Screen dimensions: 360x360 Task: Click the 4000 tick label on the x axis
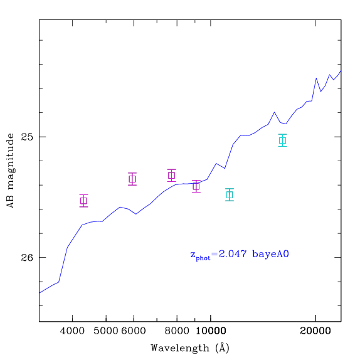72,331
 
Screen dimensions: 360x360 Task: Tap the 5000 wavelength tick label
106,331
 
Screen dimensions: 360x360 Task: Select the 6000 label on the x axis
134,331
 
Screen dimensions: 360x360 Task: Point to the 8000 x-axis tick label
177,331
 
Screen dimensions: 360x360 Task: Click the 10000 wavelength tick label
211,331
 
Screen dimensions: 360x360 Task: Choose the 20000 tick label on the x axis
315,331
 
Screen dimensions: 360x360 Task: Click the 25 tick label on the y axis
27,137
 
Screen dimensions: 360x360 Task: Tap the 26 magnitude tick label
27,258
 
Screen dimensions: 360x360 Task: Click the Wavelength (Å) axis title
190,348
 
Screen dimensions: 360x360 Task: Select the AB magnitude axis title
10,171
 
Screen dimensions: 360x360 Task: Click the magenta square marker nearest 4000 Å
84,201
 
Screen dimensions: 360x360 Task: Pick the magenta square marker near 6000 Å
132,179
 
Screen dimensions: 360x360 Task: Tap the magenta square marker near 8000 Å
171,176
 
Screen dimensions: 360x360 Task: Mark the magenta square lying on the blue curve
196,186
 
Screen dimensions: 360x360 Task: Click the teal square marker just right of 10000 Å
230,194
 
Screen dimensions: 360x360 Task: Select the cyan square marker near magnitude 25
282,140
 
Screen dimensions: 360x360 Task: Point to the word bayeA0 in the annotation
270,254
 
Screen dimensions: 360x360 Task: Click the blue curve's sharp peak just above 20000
316,78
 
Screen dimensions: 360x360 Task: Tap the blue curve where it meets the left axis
40,293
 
